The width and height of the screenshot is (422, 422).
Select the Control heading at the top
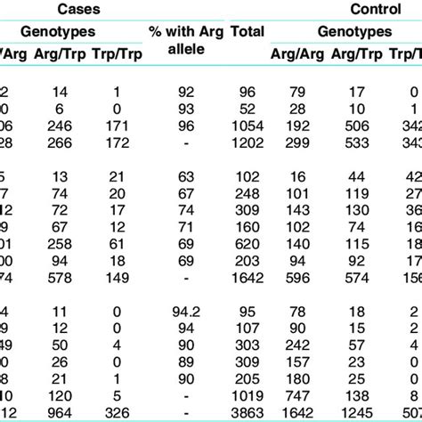coord(360,9)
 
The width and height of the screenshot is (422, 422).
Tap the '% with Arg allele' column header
coord(189,40)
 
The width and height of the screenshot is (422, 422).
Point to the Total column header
coord(248,32)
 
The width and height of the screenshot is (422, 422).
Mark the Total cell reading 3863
coord(248,412)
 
